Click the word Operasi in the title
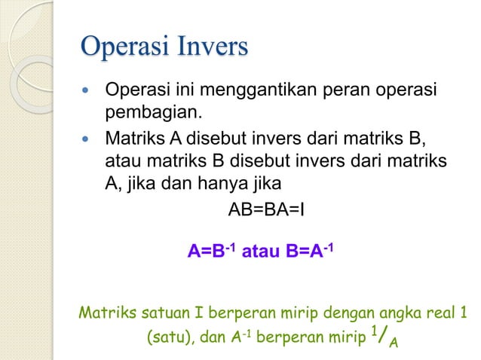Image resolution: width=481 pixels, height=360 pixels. click(x=125, y=47)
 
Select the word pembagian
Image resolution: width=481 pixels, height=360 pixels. click(x=153, y=114)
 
